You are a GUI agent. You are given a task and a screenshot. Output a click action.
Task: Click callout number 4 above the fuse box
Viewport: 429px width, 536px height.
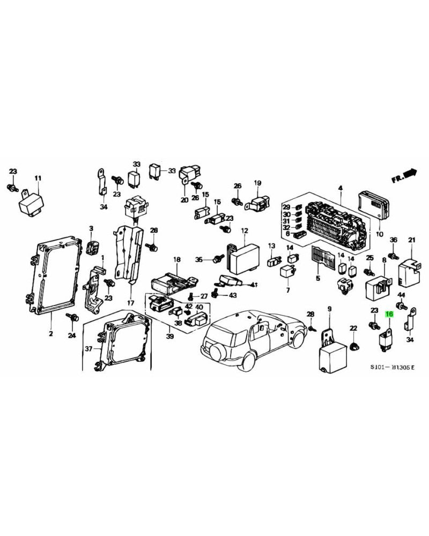click(x=339, y=187)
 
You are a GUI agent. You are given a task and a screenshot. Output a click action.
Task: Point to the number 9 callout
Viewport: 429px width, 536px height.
click(x=330, y=308)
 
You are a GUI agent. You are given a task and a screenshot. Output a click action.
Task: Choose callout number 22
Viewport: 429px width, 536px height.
click(x=353, y=329)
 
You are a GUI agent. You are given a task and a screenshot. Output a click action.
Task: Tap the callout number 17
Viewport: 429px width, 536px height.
click(x=130, y=303)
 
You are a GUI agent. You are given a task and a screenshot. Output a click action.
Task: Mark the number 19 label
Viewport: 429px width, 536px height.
click(x=257, y=183)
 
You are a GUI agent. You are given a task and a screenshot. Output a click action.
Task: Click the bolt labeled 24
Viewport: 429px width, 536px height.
click(x=72, y=317)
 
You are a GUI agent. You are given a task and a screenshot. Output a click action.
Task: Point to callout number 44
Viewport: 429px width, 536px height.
click(x=401, y=296)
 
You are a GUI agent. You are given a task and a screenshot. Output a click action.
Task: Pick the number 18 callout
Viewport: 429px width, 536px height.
click(x=176, y=259)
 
